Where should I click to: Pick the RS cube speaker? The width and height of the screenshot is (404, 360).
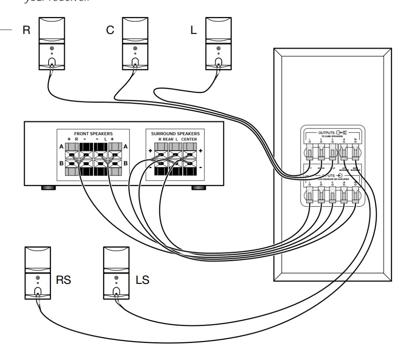click(38, 273)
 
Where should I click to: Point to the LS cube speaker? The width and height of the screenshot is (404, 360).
click(116, 273)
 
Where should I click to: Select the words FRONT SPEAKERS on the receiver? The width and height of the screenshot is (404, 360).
click(94, 134)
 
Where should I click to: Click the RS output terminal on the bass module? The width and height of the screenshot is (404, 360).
click(356, 151)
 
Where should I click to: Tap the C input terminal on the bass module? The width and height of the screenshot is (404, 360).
click(321, 195)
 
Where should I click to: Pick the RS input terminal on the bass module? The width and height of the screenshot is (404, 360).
click(356, 195)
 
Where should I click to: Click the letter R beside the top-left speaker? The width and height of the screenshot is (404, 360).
click(26, 31)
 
